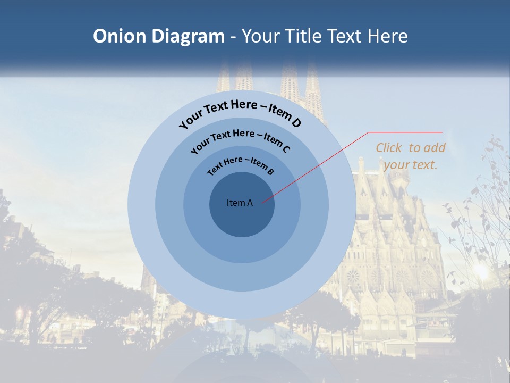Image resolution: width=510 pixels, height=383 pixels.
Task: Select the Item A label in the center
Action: click(x=240, y=203)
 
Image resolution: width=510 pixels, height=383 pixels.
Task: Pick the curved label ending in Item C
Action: click(x=240, y=138)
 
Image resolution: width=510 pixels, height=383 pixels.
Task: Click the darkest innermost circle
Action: click(x=242, y=218)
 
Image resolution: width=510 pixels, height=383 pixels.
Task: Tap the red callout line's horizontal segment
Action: click(x=405, y=132)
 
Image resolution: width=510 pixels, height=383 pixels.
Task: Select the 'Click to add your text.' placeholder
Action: click(x=411, y=156)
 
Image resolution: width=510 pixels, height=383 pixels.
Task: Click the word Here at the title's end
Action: click(x=388, y=36)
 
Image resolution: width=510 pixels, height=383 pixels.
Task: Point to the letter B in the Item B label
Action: click(x=270, y=172)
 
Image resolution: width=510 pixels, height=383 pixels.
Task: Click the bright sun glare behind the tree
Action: click(x=481, y=271)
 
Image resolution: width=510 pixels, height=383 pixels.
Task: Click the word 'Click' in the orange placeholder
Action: click(x=389, y=148)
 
